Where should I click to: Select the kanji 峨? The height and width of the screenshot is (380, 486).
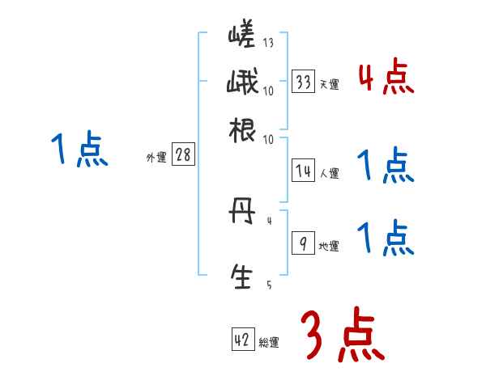pyautogui.click(x=241, y=82)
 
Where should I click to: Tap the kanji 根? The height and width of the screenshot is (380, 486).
pyautogui.click(x=241, y=129)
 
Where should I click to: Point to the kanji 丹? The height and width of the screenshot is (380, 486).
pyautogui.click(x=241, y=214)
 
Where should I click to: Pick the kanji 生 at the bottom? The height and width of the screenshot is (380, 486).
pyautogui.click(x=241, y=277)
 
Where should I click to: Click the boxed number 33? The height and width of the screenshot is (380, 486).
pyautogui.click(x=304, y=82)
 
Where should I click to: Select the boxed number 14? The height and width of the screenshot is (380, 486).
pyautogui.click(x=304, y=171)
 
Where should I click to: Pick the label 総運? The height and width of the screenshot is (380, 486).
pyautogui.click(x=269, y=343)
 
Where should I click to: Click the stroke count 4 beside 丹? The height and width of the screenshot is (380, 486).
pyautogui.click(x=269, y=219)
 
